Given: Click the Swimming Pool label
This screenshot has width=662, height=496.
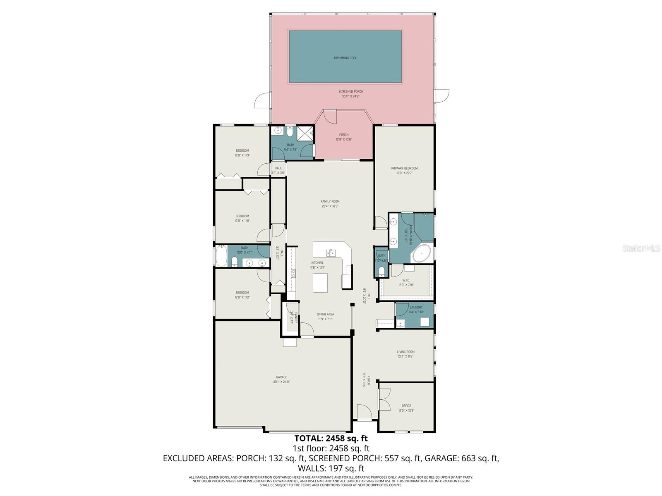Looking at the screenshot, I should pos(345,58).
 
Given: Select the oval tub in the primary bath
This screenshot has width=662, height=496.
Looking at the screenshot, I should pos(421,253).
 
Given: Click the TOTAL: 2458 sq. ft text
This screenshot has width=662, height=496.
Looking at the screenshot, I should pos(331,438).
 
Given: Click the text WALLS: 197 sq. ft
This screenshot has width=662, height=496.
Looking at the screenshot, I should pos(331,468).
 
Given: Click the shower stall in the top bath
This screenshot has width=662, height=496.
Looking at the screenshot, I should pos(305,133).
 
